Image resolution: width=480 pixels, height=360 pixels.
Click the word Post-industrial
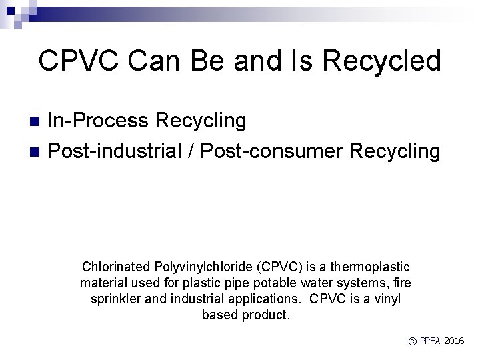coord(115,151)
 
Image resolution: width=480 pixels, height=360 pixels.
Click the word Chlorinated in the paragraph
coord(113,267)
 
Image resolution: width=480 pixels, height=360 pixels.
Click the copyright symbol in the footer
coord(413,341)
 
